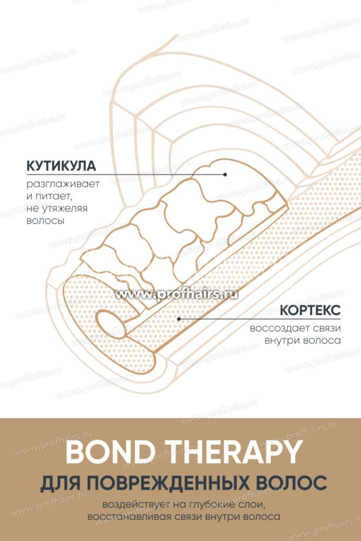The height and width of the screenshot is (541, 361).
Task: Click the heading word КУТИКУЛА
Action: click(x=61, y=165)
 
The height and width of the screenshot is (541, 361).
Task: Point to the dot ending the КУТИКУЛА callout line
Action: click(x=224, y=174)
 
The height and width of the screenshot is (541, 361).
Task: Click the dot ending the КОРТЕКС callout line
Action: click(x=179, y=319)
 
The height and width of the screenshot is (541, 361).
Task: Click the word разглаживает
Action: click(x=63, y=185)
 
